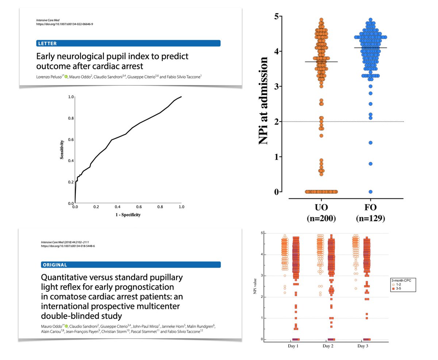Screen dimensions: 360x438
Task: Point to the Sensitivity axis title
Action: [63, 150]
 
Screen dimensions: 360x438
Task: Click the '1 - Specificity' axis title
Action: [128, 215]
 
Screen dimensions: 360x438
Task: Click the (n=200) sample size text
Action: [321, 219]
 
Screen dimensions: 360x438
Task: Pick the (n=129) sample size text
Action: [370, 219]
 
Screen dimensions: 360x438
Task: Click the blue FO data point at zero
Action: [370, 192]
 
